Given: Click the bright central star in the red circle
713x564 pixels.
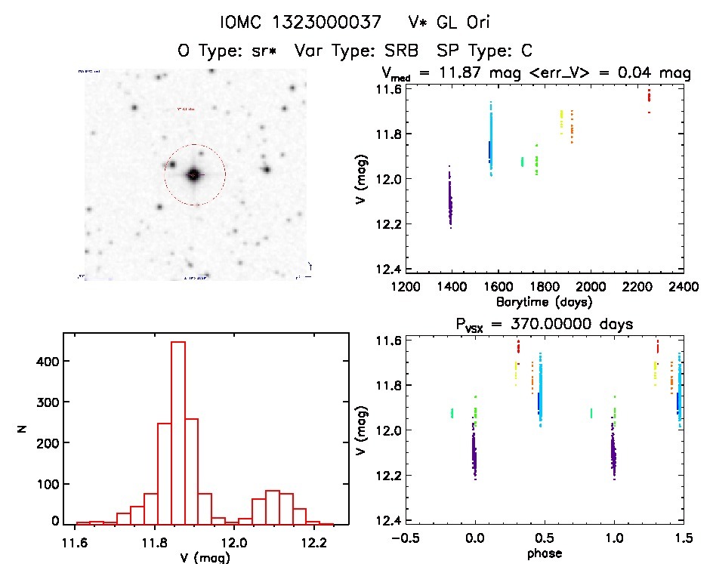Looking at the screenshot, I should (194, 174).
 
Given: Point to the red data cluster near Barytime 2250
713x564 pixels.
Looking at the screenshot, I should (649, 97).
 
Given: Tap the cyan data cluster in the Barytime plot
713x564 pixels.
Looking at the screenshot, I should (491, 140).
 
